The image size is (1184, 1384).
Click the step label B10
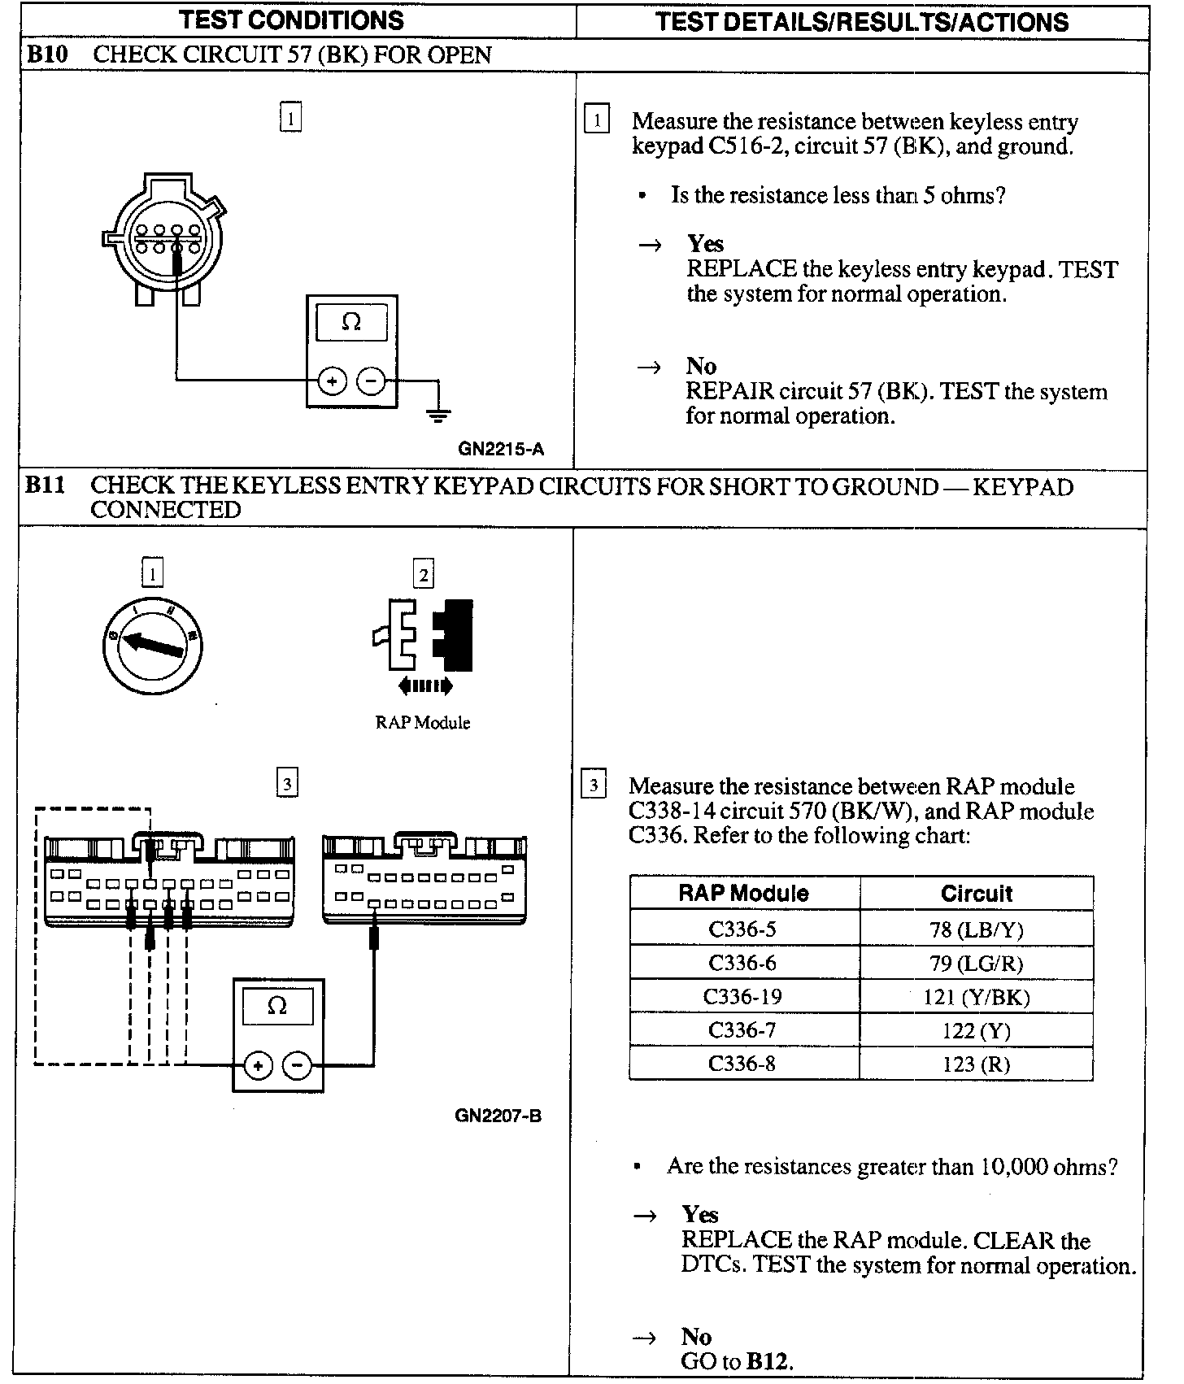tap(46, 55)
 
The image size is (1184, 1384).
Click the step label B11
tap(44, 485)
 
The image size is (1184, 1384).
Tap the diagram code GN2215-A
tap(500, 448)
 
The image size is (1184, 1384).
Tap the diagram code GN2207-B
tap(498, 1115)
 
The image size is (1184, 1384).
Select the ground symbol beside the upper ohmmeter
tap(438, 416)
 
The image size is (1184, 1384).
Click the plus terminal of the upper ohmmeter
tap(332, 381)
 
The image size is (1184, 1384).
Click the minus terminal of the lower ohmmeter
tap(298, 1065)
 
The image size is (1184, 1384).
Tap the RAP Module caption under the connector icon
tap(423, 723)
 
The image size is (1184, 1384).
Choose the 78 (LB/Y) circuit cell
tap(976, 929)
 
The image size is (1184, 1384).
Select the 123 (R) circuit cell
tap(976, 1064)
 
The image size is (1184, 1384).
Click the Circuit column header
tap(976, 894)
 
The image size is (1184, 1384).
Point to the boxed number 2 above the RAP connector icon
tap(424, 575)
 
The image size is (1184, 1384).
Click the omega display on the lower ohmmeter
tap(277, 1007)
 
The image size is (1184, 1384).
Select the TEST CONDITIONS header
tap(291, 20)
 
